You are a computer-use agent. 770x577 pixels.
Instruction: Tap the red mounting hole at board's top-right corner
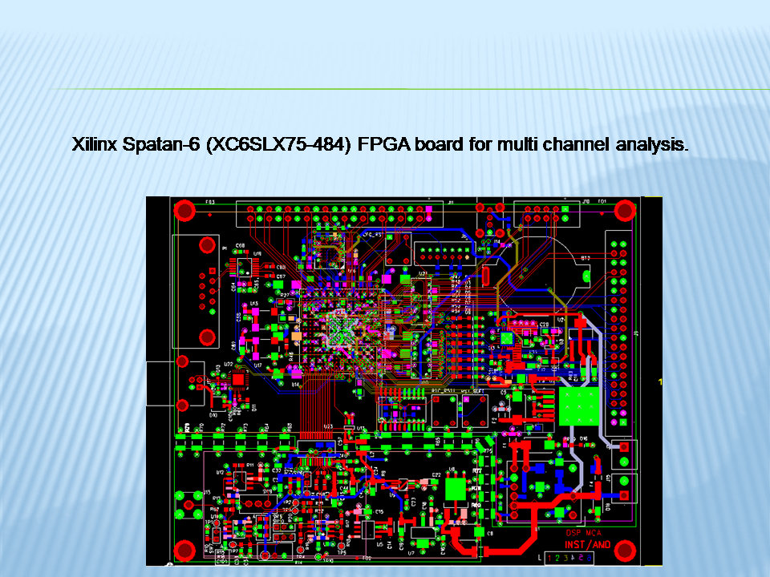click(x=625, y=210)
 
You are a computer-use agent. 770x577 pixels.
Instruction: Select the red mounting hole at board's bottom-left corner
click(x=185, y=550)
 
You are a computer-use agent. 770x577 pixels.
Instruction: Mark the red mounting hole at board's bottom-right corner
click(x=626, y=550)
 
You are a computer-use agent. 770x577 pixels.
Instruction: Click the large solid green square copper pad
click(x=580, y=406)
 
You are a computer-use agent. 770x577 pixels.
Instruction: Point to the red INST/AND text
click(x=588, y=544)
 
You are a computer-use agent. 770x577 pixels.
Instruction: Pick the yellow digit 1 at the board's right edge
click(x=659, y=382)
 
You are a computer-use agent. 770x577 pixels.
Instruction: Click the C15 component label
click(x=379, y=511)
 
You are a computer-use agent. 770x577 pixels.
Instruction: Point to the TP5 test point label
click(x=340, y=552)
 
